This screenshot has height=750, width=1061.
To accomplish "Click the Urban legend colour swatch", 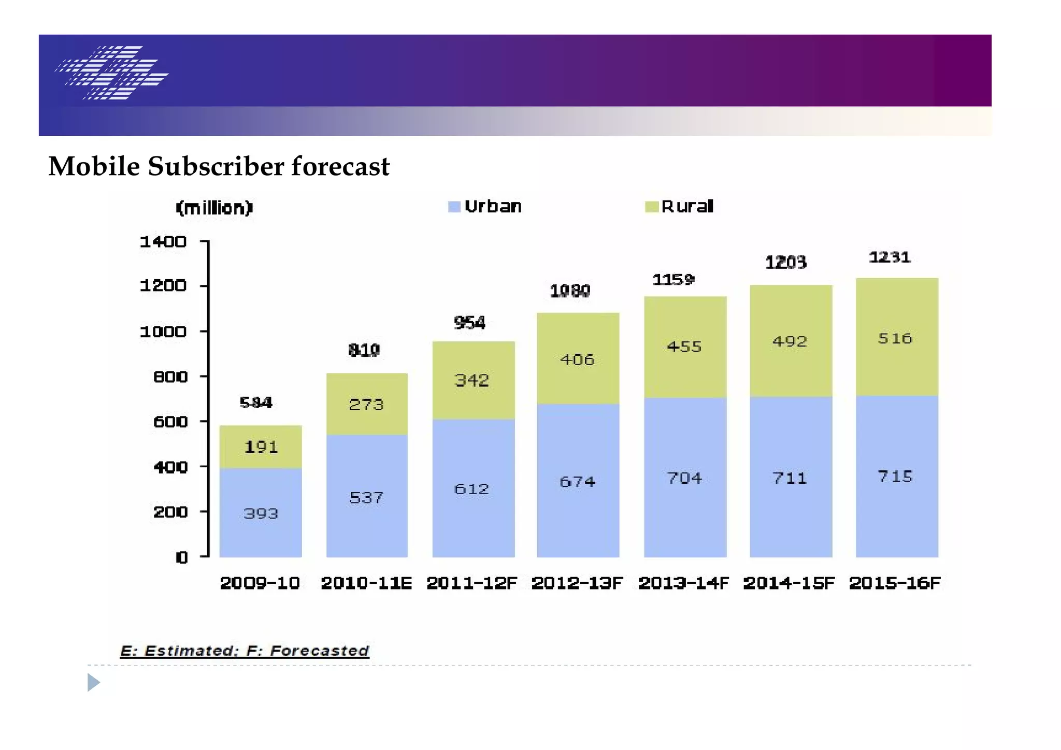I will (x=454, y=207).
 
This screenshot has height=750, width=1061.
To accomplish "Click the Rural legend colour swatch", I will (x=651, y=207).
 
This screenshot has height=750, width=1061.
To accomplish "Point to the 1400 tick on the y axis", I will (x=163, y=242).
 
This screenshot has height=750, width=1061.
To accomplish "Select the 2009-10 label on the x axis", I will (x=260, y=583).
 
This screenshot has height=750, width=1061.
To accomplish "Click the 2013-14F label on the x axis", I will (x=683, y=583).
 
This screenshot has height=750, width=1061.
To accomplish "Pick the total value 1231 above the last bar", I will (x=890, y=257).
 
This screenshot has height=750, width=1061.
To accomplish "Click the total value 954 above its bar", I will (x=469, y=323).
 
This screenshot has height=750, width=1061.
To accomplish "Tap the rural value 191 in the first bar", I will (x=261, y=447).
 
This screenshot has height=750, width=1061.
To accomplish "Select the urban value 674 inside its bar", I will (x=577, y=482).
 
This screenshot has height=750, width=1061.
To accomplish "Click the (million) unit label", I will (x=214, y=208).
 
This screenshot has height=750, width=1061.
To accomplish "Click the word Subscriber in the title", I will (x=216, y=167).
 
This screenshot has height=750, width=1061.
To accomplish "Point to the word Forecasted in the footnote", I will (x=319, y=651).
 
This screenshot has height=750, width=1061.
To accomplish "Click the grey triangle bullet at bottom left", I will (x=93, y=683).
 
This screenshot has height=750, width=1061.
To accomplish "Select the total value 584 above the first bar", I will (x=256, y=403).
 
